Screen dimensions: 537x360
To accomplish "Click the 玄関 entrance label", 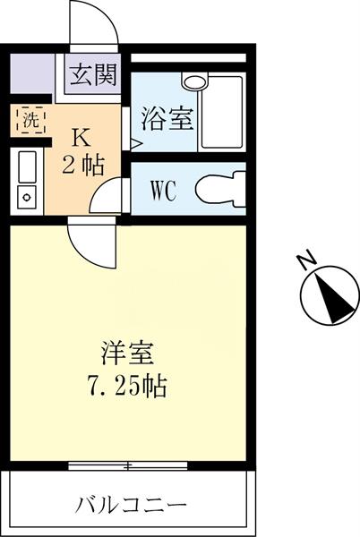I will click(93, 75).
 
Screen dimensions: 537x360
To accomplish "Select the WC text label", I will click(162, 190).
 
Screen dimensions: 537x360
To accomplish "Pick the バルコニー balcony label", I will click(131, 504).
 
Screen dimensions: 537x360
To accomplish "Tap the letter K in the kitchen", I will click(81, 138).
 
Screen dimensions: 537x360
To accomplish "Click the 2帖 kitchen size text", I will click(81, 166).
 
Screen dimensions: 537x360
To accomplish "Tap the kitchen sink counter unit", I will click(27, 181).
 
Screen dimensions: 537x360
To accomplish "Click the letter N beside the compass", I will click(307, 261).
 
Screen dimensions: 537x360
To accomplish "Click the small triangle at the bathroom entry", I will click(136, 141).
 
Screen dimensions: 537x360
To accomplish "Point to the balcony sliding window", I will click(129, 465).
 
